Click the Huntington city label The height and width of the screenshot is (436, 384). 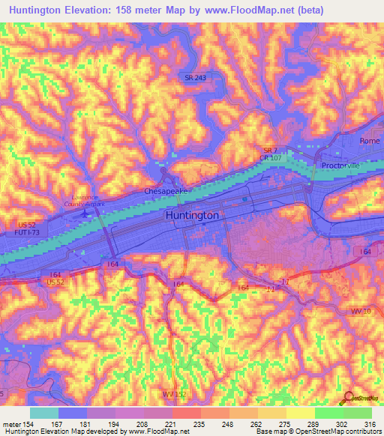click(191, 215)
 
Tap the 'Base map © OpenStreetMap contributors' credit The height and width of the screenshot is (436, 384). click(319, 432)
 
